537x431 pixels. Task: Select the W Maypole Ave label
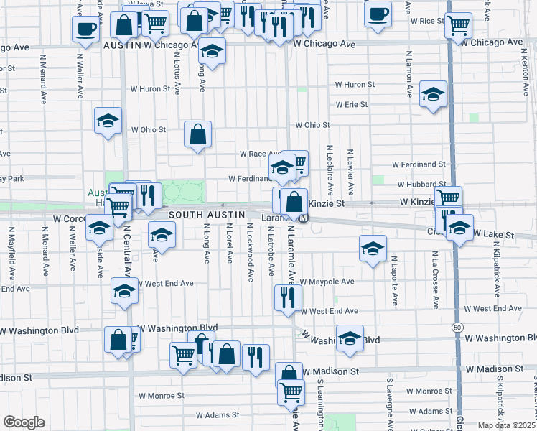tap(327, 282)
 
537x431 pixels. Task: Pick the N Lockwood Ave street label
tap(250, 251)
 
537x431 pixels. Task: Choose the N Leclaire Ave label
tap(330, 171)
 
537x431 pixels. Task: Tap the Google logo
tap(24, 422)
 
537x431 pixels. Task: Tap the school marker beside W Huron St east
tap(433, 95)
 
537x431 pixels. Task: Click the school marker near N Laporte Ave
tap(372, 249)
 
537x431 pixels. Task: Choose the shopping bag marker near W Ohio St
tap(197, 134)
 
